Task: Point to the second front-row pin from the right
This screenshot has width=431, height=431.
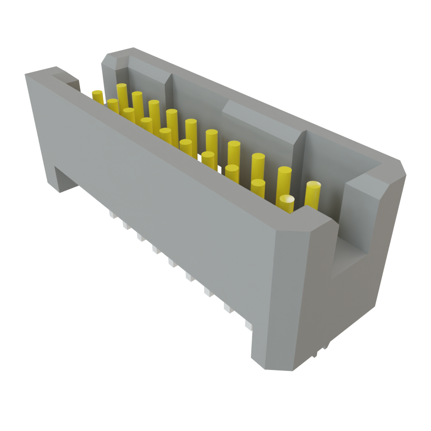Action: point(258,187)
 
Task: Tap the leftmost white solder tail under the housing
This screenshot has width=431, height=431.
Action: point(112,215)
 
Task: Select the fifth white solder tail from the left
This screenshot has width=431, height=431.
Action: point(172,263)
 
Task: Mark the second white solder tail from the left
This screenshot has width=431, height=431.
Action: point(125,226)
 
